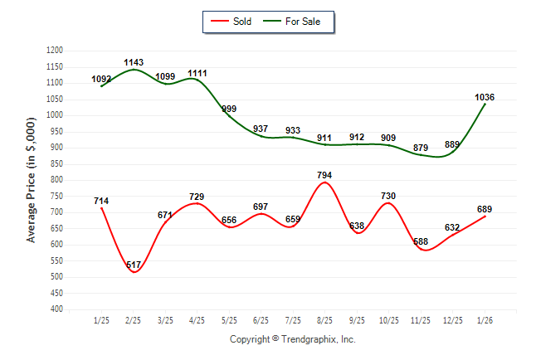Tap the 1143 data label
(134, 62)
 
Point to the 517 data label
(134, 265)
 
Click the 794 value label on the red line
(324, 175)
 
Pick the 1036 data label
(485, 97)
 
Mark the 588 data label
(421, 241)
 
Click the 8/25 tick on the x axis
(324, 319)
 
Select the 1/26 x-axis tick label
(485, 319)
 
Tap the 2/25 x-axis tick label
(134, 319)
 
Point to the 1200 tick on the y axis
(55, 51)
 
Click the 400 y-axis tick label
(57, 309)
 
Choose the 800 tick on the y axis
(57, 180)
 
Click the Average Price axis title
(32, 179)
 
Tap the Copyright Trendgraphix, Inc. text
(292, 339)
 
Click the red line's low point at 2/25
(134, 272)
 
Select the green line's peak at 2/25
(134, 69)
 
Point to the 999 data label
(229, 109)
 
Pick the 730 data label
(388, 196)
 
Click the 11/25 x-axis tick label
(421, 319)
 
